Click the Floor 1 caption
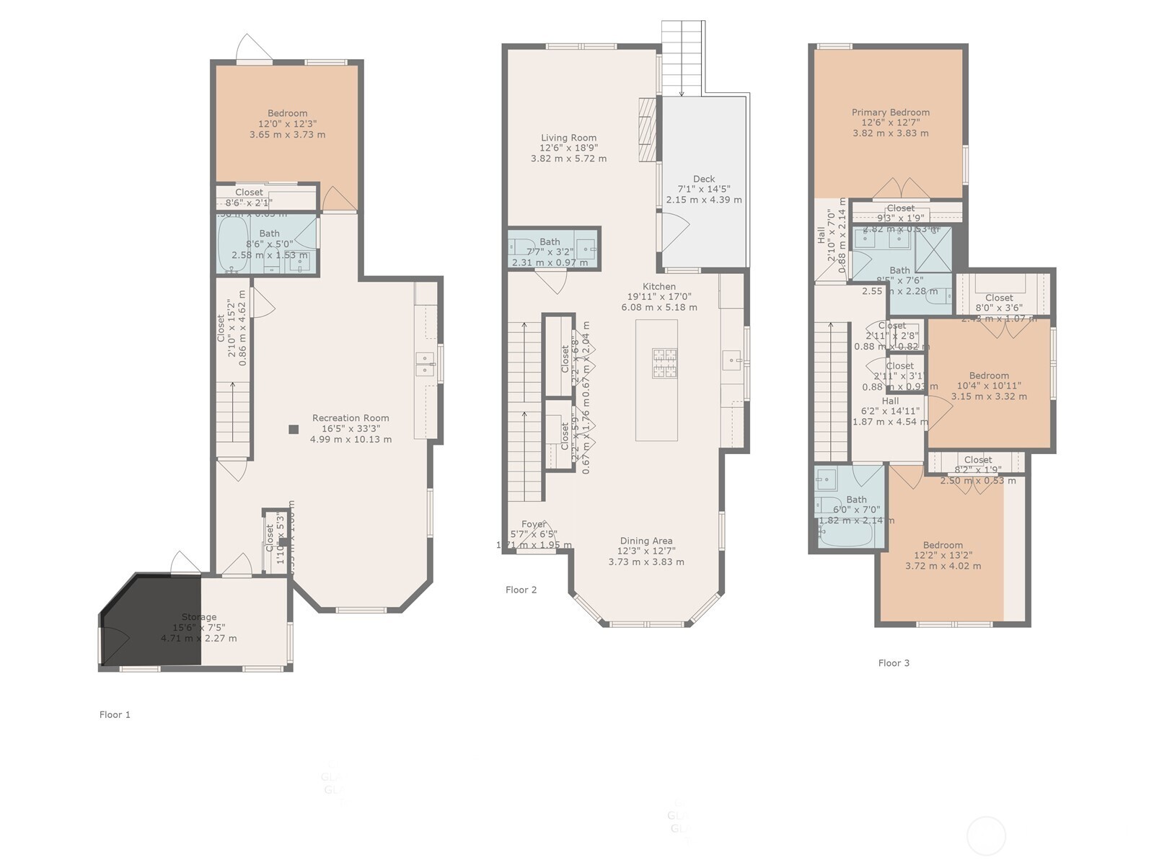point(115,714)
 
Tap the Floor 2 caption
point(521,590)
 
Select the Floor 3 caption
point(894,662)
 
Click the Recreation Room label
point(351,418)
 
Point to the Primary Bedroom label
point(890,112)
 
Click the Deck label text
point(704,179)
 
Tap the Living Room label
point(568,138)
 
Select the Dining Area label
point(646,541)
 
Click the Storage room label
point(198,617)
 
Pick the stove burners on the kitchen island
point(664,363)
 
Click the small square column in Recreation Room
point(294,430)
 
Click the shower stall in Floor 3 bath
point(933,249)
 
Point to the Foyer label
point(533,524)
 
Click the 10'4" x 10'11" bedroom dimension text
point(989,386)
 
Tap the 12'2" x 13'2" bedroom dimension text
point(943,555)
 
